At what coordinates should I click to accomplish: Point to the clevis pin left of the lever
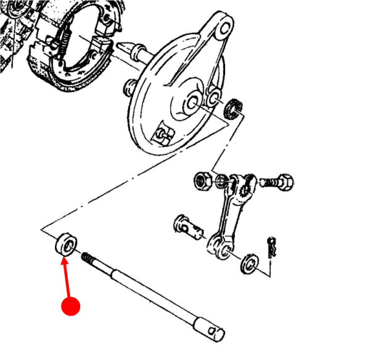click(x=188, y=227)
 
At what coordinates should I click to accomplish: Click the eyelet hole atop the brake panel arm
click(x=224, y=28)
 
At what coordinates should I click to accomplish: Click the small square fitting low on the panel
click(x=163, y=133)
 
